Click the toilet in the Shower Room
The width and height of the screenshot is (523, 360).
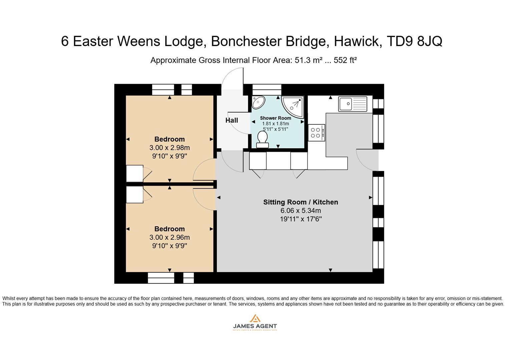(x=263, y=139)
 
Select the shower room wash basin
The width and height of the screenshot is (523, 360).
(x=258, y=102)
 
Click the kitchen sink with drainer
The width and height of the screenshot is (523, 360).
(x=353, y=104)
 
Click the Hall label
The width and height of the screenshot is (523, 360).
(x=231, y=120)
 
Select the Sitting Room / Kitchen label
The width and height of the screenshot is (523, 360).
(x=301, y=202)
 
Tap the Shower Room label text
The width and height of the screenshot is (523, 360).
(x=276, y=118)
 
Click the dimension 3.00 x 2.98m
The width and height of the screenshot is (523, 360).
(x=169, y=148)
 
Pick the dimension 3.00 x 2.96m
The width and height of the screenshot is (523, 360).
(x=169, y=237)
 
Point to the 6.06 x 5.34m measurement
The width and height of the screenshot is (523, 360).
(x=301, y=211)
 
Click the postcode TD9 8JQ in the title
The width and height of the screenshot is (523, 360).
(x=414, y=41)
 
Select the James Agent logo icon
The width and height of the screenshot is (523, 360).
(x=255, y=318)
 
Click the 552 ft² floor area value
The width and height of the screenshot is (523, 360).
(x=345, y=60)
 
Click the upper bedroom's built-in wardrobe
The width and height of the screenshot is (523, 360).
(x=135, y=174)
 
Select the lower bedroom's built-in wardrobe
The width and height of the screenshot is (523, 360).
(x=135, y=194)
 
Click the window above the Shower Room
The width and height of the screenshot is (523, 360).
(x=267, y=90)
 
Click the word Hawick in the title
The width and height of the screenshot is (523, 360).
(x=358, y=41)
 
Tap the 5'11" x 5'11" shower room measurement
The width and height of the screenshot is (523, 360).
(x=276, y=129)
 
